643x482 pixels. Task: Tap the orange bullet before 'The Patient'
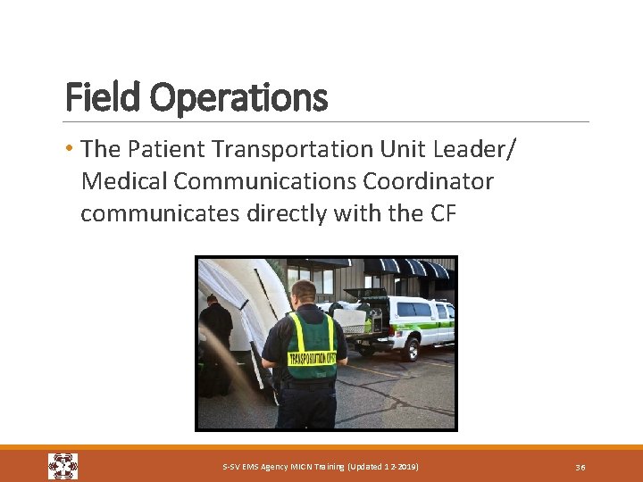71,147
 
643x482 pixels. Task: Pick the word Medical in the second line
124,181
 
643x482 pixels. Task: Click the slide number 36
580,467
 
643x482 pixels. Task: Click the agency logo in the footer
63,466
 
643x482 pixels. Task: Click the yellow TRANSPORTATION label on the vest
312,359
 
